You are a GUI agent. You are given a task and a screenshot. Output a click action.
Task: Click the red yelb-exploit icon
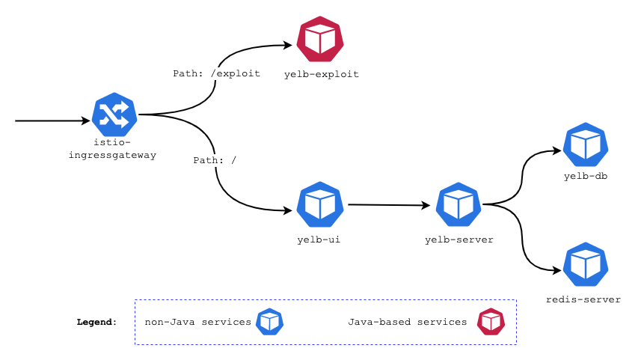pyautogui.click(x=320, y=40)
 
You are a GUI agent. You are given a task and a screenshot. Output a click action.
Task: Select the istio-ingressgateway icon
pyautogui.click(x=114, y=115)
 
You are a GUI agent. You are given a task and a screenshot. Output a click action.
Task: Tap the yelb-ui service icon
pyautogui.click(x=320, y=204)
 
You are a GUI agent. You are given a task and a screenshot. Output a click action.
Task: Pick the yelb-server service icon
pyautogui.click(x=459, y=204)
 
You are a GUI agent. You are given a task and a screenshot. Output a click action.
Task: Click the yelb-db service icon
pyautogui.click(x=586, y=144)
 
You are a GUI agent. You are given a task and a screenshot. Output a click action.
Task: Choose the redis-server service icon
pyautogui.click(x=586, y=264)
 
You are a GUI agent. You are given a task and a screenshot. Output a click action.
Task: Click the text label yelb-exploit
pyautogui.click(x=322, y=74)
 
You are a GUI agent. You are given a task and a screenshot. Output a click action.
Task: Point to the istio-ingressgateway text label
pyautogui.click(x=115, y=149)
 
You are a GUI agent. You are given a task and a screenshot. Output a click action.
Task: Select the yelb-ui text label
pyautogui.click(x=319, y=240)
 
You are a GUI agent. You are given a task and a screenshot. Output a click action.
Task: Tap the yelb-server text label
pyautogui.click(x=459, y=240)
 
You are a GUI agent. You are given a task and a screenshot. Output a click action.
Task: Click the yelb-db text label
pyautogui.click(x=586, y=177)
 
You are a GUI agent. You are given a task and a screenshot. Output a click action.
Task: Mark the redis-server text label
pyautogui.click(x=583, y=299)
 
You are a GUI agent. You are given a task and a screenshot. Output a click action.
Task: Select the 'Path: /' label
pyautogui.click(x=215, y=160)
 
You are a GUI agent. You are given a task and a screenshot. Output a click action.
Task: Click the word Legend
pyautogui.click(x=96, y=322)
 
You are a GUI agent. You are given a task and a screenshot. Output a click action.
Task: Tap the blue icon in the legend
pyautogui.click(x=269, y=322)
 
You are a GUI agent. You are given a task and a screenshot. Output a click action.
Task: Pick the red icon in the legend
pyautogui.click(x=491, y=322)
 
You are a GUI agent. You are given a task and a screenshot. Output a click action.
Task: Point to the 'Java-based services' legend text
pyautogui.click(x=407, y=322)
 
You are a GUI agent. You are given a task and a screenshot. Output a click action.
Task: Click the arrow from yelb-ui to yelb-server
pyautogui.click(x=389, y=204)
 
